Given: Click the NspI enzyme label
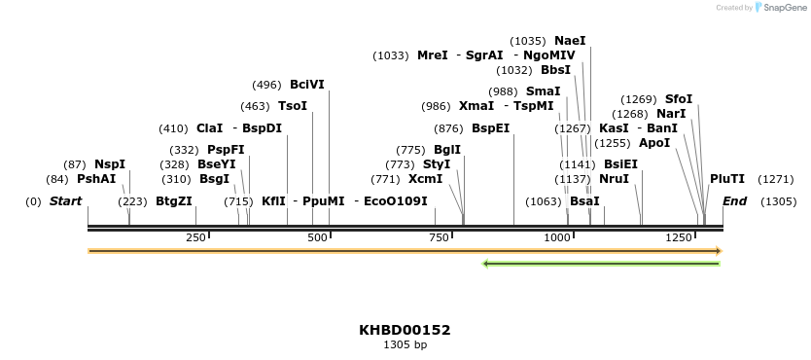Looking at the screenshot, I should point(110,164).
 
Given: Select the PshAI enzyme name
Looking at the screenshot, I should point(96,179).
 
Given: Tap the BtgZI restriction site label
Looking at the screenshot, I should point(174,201).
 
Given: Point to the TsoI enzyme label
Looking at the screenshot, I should point(293,106).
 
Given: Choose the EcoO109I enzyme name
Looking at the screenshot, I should point(396,201).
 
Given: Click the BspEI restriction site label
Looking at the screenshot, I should point(491,128).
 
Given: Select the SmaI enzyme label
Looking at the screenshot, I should point(544,90).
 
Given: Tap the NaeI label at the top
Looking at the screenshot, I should point(571,41).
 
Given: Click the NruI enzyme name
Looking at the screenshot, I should point(615,179).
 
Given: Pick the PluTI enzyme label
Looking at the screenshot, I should point(727,179).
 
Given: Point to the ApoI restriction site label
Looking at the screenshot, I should point(654,143).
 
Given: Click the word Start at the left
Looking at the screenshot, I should point(66,201).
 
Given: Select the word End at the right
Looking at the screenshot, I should point(735,201).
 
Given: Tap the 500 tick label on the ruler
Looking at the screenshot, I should point(317,238).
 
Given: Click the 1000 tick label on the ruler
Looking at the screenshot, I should point(556,238).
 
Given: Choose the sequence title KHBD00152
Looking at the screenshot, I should point(405,330).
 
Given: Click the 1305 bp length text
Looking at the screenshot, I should point(405,344).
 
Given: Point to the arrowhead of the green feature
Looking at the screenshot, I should point(486,264).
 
